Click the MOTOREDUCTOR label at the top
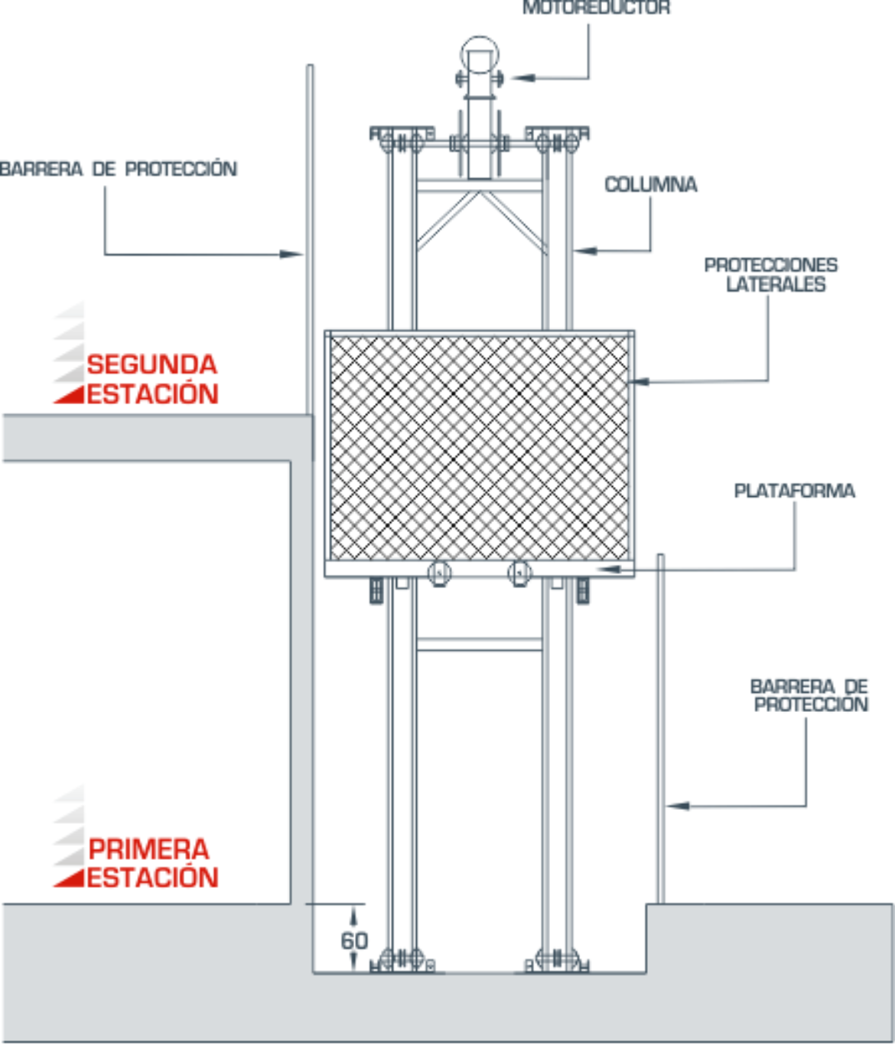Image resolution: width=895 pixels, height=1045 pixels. pos(596,8)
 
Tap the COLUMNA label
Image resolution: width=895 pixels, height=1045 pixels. pos(650,185)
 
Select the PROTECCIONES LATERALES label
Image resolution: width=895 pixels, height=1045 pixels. pos(771,274)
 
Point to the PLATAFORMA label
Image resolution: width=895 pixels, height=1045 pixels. pos(794,491)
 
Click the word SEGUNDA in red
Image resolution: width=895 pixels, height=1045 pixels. pos(151,364)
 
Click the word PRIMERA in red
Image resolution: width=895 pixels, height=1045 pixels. pos(148,849)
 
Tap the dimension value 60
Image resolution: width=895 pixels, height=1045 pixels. pos(354,941)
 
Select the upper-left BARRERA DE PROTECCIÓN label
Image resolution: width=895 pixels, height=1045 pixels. pos(119,168)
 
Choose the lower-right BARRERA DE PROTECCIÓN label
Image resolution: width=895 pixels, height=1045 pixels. pos(809,695)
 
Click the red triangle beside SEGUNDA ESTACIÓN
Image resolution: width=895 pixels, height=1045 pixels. pos(70,395)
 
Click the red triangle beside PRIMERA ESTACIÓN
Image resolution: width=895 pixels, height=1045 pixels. pos(70,879)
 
